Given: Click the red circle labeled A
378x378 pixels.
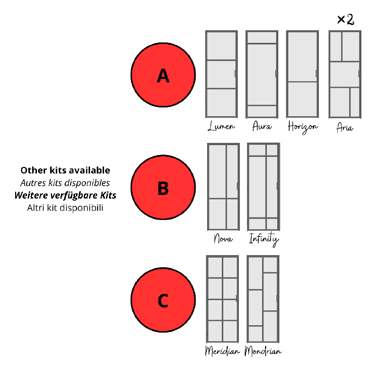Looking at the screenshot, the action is click(163, 75).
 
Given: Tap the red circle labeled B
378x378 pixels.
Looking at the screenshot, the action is click(163, 187).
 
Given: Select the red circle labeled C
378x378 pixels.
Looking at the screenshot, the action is click(163, 300).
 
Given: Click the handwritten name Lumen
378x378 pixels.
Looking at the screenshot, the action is click(221, 126).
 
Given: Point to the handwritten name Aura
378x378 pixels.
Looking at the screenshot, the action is click(262, 126).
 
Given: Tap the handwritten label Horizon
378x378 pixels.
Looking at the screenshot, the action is click(303, 127).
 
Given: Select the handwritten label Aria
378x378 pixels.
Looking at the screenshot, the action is click(345, 127).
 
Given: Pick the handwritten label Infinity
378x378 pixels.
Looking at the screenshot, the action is click(264, 239).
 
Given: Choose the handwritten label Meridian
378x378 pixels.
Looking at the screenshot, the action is click(223, 351).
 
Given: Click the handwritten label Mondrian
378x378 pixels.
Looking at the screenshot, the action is click(263, 351).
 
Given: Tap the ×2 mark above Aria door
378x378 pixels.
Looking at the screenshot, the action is click(346, 20).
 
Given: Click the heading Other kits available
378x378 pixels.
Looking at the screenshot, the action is click(65, 170).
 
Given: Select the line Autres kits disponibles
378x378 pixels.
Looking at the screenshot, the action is click(65, 183).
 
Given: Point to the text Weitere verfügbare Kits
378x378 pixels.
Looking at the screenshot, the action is click(65, 196).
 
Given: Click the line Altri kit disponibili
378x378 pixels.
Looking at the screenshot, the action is click(65, 207).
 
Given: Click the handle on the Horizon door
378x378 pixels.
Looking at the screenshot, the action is click(317, 73).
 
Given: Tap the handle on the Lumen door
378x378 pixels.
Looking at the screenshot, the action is click(236, 73).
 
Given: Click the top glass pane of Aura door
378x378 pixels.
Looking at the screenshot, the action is click(262, 38).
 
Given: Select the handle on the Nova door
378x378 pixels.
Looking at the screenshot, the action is click(238, 186).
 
